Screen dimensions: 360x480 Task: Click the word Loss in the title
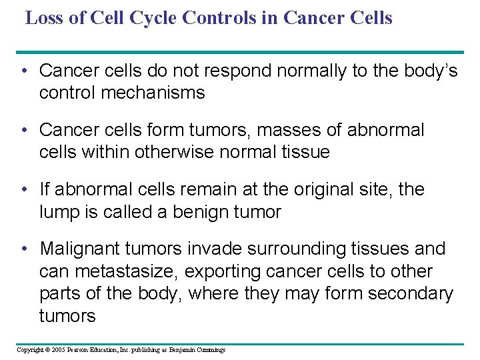pyautogui.click(x=47, y=17)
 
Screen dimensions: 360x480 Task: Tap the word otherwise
pyautogui.click(x=173, y=152)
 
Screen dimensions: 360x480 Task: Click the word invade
pyautogui.click(x=215, y=249)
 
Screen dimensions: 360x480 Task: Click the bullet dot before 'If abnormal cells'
pyautogui.click(x=25, y=189)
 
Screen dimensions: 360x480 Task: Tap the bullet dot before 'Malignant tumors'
pyautogui.click(x=25, y=249)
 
